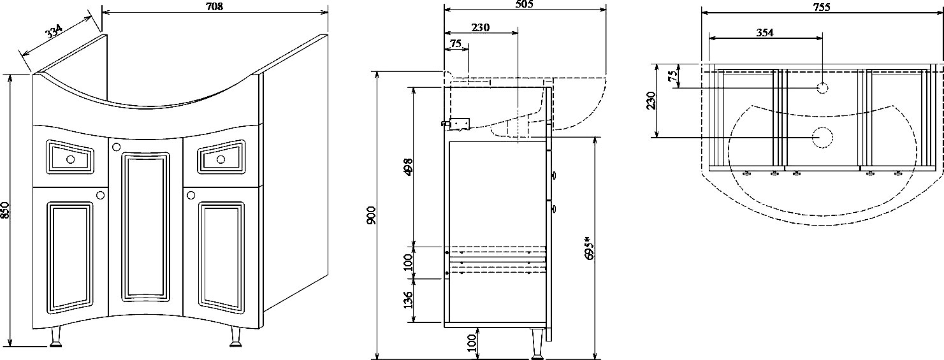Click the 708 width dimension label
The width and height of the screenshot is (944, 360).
(x=214, y=6)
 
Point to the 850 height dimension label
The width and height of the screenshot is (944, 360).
(x=5, y=210)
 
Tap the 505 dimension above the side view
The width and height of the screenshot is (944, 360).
(x=523, y=4)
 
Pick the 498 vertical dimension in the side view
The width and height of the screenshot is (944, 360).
(x=408, y=167)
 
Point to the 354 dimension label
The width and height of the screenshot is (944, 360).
(x=764, y=33)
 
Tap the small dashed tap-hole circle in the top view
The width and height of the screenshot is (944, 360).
(x=822, y=87)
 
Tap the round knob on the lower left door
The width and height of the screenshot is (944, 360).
(x=101, y=196)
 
